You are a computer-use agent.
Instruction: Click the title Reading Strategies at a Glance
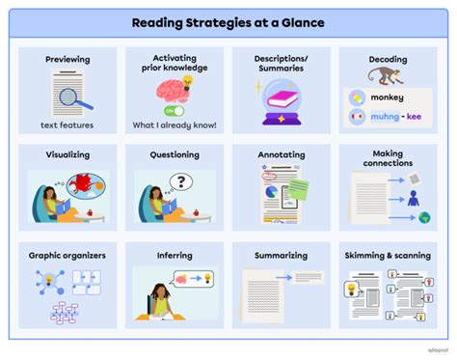(x=228, y=22)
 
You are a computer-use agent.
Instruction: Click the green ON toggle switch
(x=175, y=110)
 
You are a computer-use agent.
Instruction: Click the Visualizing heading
(x=67, y=154)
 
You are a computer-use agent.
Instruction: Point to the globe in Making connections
(x=424, y=219)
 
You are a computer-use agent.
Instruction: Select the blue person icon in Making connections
(x=413, y=198)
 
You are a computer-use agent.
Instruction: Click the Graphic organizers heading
(x=67, y=256)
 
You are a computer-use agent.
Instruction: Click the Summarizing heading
(x=282, y=256)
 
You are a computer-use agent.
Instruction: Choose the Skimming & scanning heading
(x=387, y=256)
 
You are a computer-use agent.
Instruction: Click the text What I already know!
(x=175, y=126)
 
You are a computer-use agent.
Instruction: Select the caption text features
(x=67, y=126)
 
